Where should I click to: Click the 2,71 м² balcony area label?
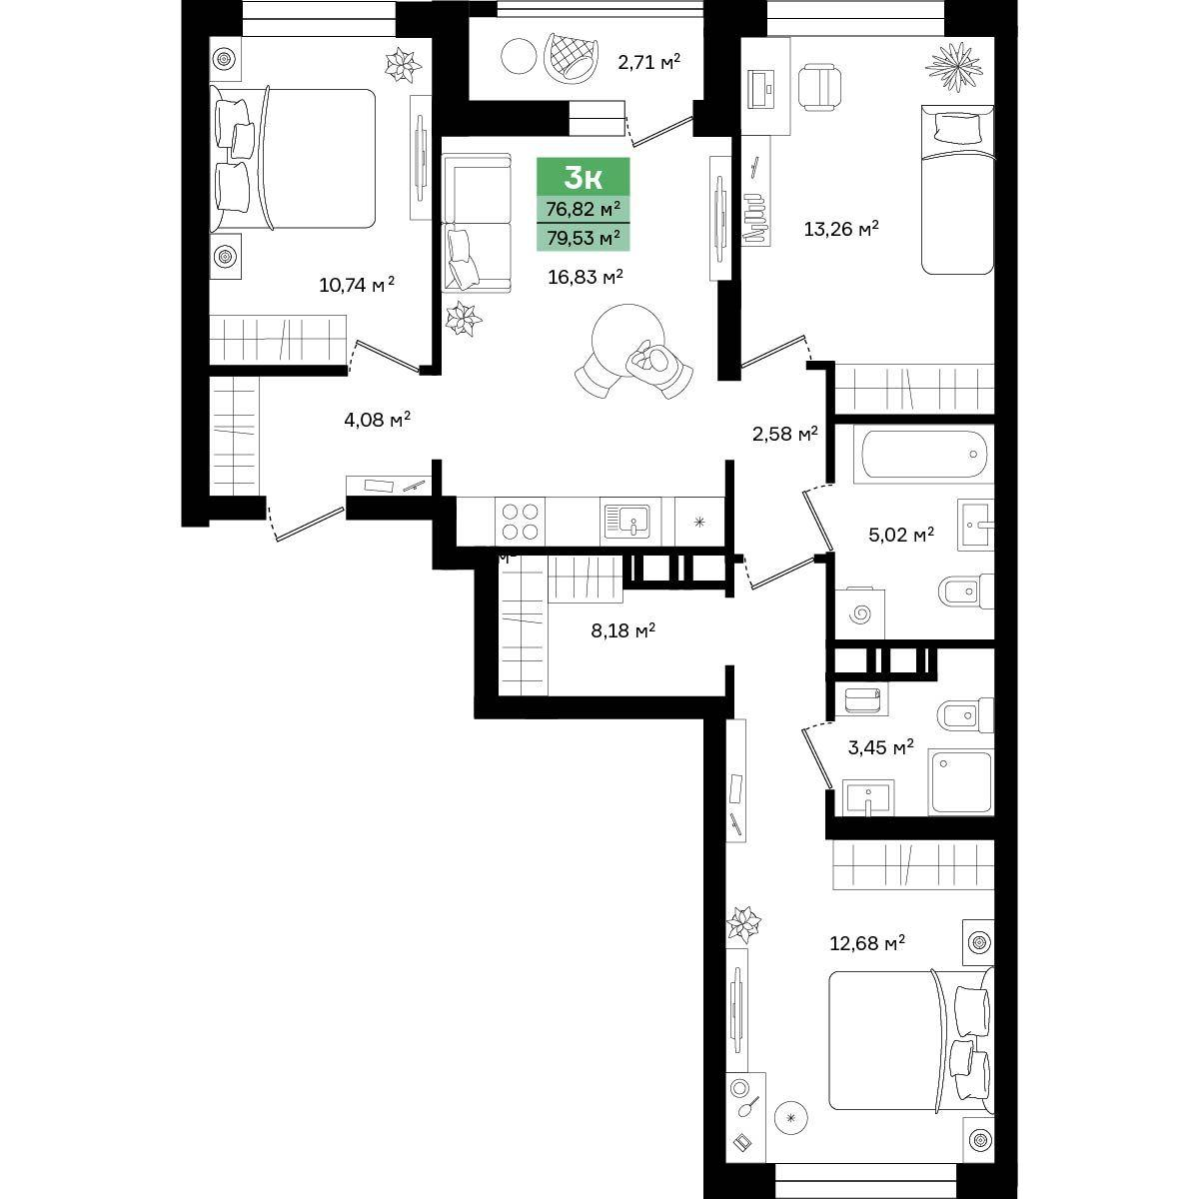click(x=649, y=62)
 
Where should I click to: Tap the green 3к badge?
click(x=583, y=176)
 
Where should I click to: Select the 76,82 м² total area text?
click(x=583, y=209)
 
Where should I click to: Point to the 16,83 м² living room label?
click(x=586, y=277)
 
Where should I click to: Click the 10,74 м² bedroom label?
click(x=357, y=285)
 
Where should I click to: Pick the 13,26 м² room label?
click(x=841, y=229)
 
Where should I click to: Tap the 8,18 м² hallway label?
click(x=622, y=630)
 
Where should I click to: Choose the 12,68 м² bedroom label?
click(x=867, y=943)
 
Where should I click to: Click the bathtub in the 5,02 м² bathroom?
click(x=924, y=455)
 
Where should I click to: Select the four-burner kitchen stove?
click(x=521, y=522)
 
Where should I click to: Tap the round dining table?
click(x=627, y=340)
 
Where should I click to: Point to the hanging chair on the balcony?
click(x=572, y=58)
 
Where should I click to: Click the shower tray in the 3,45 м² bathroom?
click(x=961, y=782)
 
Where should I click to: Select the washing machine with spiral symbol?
click(x=860, y=614)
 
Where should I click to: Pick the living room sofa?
click(x=477, y=224)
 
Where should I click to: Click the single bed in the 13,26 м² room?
click(x=957, y=190)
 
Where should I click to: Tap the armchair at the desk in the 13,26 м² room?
click(x=819, y=87)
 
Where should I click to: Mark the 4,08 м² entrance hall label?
click(x=377, y=420)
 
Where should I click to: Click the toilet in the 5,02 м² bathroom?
click(x=965, y=592)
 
